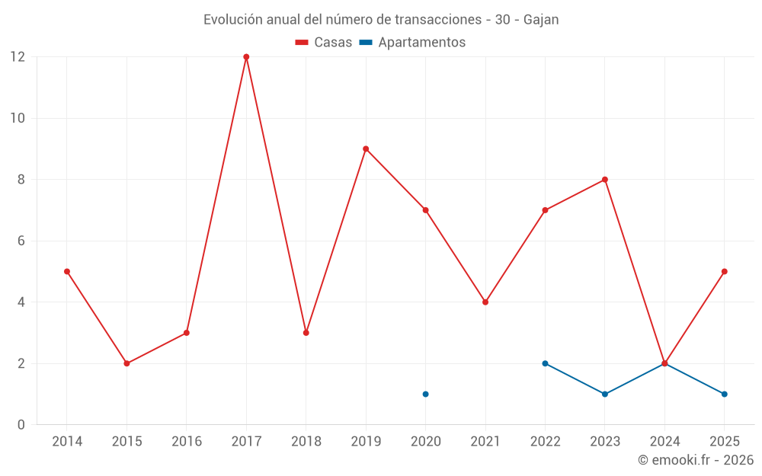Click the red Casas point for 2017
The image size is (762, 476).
point(246,57)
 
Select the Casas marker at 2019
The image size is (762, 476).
point(366,149)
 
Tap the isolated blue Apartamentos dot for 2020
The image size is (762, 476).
point(425,394)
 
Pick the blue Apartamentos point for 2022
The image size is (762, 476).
point(545,363)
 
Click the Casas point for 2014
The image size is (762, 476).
point(67,271)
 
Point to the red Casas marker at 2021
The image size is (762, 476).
point(485,302)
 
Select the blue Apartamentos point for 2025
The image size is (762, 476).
point(724,394)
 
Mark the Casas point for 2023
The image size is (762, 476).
point(604,180)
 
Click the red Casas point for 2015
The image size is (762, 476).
point(126,363)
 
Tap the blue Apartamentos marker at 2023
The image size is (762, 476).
point(604,394)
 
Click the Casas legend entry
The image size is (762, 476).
point(324,43)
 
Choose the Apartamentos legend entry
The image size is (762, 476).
point(412,43)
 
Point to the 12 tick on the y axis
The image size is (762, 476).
point(18,57)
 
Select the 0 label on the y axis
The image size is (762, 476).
point(21,424)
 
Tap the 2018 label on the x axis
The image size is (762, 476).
point(306,441)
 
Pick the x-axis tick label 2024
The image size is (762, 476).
point(664,441)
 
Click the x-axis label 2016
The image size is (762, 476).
point(187,441)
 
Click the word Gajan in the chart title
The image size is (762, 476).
point(541,20)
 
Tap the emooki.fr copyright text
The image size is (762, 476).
point(695,460)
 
